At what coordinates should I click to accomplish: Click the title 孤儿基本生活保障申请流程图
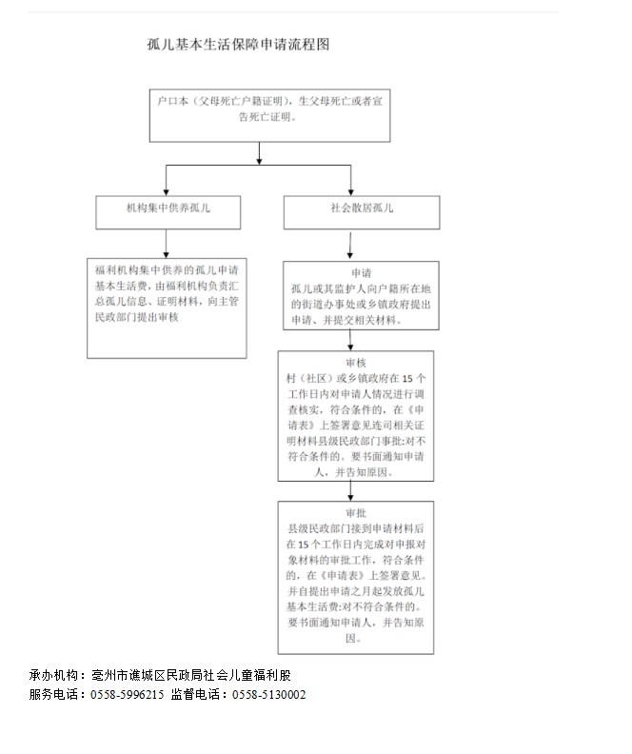click(238, 45)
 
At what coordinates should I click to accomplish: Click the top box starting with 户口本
click(269, 112)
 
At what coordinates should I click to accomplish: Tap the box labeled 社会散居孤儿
click(363, 211)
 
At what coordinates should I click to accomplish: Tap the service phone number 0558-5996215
click(128, 695)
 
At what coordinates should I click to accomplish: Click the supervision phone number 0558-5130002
click(269, 695)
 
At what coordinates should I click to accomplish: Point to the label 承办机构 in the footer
click(54, 675)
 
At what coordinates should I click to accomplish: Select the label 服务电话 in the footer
click(54, 695)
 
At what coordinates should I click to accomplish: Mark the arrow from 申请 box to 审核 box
click(350, 340)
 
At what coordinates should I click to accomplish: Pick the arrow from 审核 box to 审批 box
click(350, 489)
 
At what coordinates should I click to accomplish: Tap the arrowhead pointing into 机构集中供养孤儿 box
click(167, 189)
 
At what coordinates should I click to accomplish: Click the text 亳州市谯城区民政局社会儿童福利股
click(191, 675)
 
